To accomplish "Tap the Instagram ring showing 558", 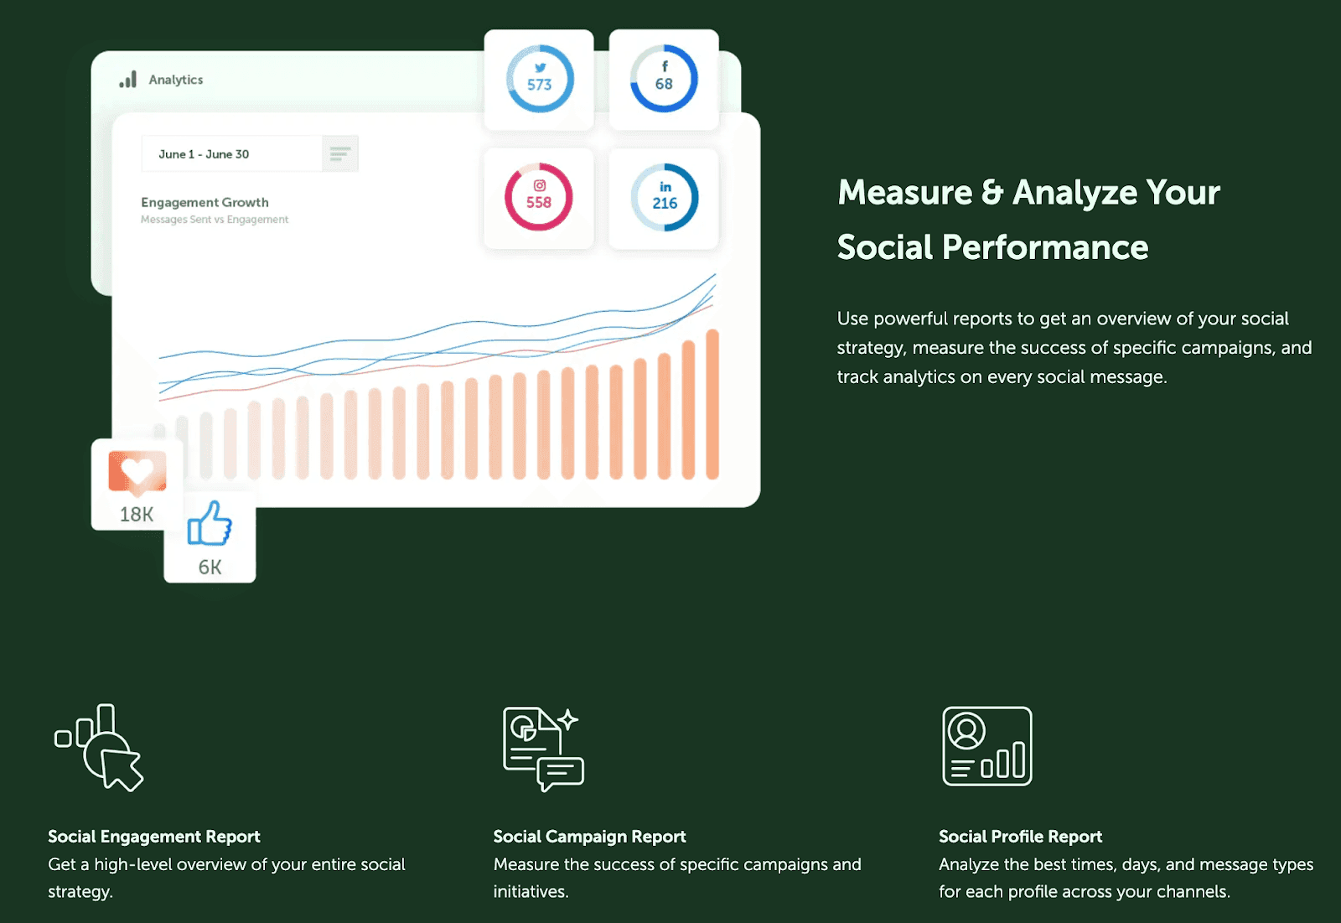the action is point(539,229).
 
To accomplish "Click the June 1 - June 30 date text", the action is point(204,154).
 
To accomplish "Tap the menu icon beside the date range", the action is point(340,154).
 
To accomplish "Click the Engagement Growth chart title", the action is point(205,202).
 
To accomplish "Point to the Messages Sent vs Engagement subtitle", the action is point(215,219).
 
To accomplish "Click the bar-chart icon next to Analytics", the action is point(127,80).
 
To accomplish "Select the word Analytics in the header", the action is point(176,80).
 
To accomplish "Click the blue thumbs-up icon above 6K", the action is point(210,523).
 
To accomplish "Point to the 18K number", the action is point(137,514).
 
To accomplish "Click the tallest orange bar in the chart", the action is point(712,404).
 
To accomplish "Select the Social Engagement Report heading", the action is point(154,836).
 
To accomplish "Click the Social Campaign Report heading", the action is point(590,836).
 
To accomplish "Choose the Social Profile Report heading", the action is point(1020,836).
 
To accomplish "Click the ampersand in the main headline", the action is point(992,193).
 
